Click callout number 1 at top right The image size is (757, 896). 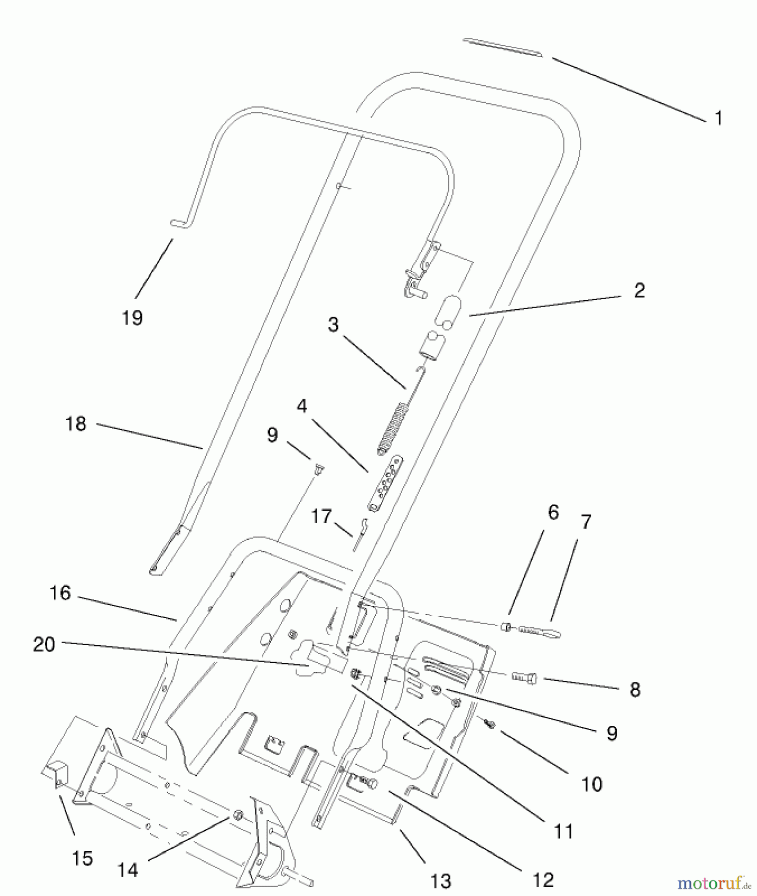pyautogui.click(x=718, y=118)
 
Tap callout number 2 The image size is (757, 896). pyautogui.click(x=640, y=291)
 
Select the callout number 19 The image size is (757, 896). pyautogui.click(x=132, y=318)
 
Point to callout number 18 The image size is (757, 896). pyautogui.click(x=76, y=424)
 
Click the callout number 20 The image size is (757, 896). pyautogui.click(x=44, y=645)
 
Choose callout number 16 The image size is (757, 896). pyautogui.click(x=60, y=593)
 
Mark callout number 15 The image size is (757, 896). pyautogui.click(x=83, y=858)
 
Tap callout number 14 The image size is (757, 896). pyautogui.click(x=127, y=870)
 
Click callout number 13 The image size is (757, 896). pyautogui.click(x=440, y=881)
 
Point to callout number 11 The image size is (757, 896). pyautogui.click(x=564, y=831)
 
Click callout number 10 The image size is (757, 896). pyautogui.click(x=592, y=784)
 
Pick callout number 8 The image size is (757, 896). pyautogui.click(x=635, y=690)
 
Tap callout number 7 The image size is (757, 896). pyautogui.click(x=586, y=522)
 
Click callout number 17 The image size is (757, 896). pyautogui.click(x=321, y=516)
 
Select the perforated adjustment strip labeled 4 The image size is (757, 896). pyautogui.click(x=386, y=483)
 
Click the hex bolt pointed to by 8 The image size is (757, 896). pyautogui.click(x=524, y=677)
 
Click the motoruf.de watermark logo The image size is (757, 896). pyautogui.click(x=713, y=883)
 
